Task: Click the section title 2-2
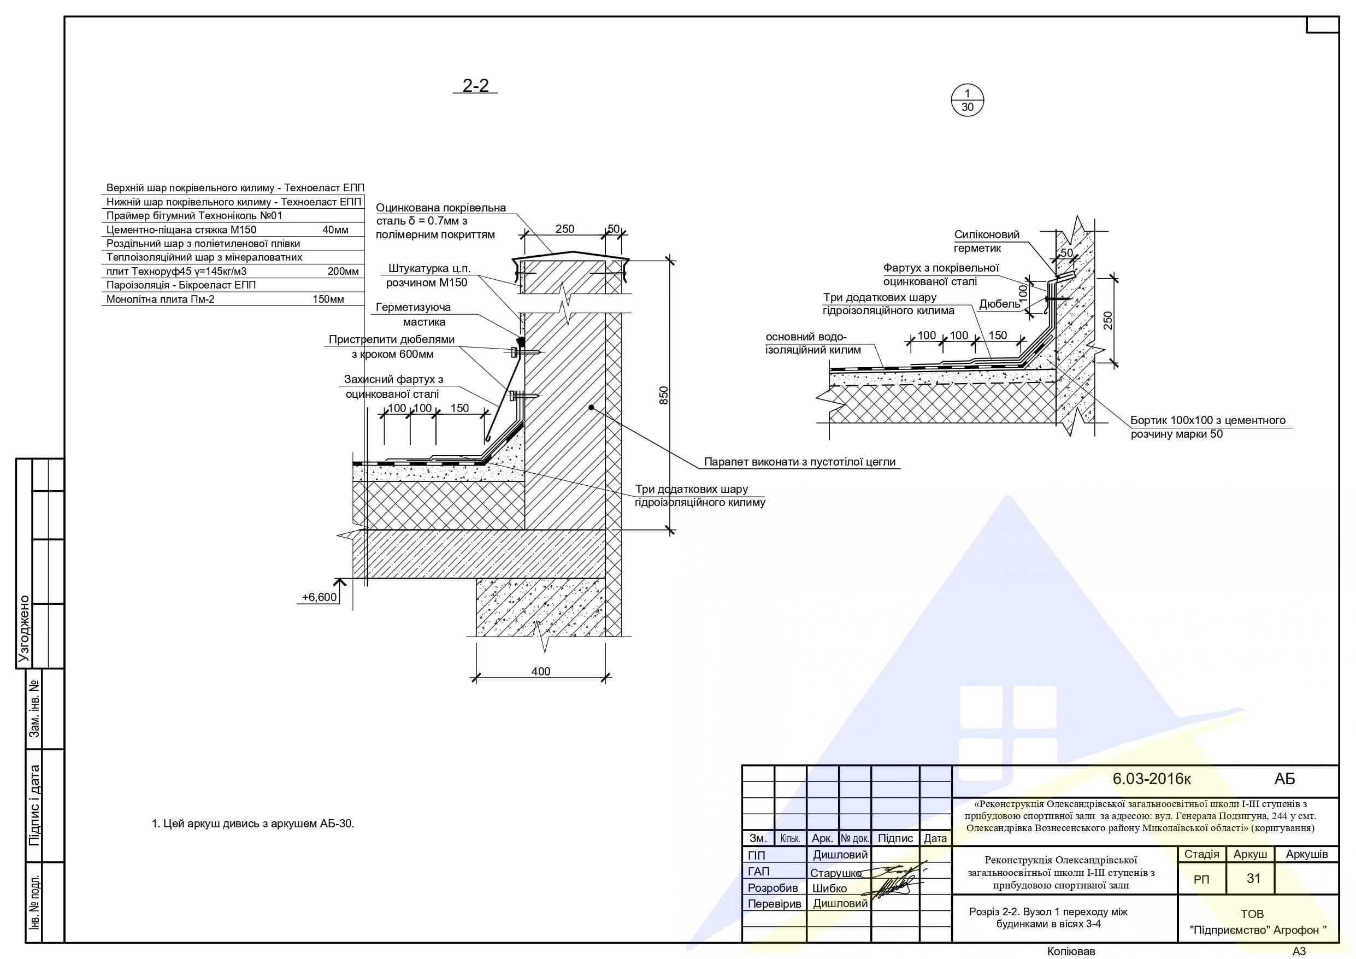coord(475,86)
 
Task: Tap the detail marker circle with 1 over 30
coord(968,100)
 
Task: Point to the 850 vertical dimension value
coord(664,395)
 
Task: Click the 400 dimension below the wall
coord(540,671)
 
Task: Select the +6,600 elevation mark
coord(319,597)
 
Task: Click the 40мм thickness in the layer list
coord(335,230)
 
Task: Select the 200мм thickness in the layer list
coord(343,271)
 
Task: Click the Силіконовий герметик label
coord(986,241)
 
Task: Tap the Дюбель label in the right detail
coord(999,304)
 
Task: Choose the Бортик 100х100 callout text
coord(1208,427)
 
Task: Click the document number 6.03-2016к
coord(1151,779)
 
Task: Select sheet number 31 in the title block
coord(1253,879)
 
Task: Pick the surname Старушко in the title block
coord(836,873)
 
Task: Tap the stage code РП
coord(1201,880)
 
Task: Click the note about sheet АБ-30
coord(253,823)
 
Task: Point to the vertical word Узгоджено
coord(23,629)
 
